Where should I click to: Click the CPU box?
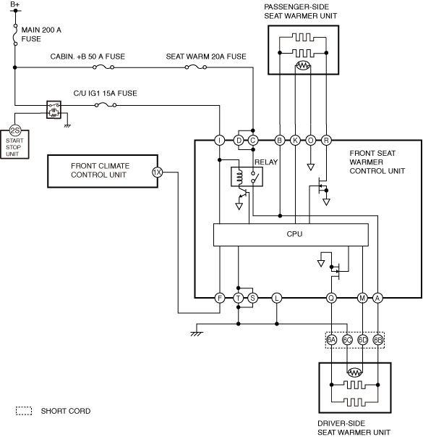pos(291,235)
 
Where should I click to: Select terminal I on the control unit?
pos(220,140)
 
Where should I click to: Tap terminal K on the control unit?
pos(295,140)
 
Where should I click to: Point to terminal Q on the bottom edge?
pos(331,298)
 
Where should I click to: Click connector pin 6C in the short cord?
pos(347,340)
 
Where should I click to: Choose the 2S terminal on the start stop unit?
pos(15,130)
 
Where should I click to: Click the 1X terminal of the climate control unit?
pos(157,172)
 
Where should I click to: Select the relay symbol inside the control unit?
pos(247,177)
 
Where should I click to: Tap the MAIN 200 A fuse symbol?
pos(16,35)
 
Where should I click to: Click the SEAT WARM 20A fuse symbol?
pos(196,67)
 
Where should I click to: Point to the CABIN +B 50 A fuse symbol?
pos(103,67)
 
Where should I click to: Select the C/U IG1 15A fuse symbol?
pos(106,105)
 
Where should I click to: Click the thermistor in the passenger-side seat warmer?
pos(303,65)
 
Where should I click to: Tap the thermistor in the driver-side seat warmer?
pos(354,373)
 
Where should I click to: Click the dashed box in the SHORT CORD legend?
pos(24,411)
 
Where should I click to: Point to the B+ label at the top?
pos(14,4)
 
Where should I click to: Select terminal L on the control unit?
pos(276,298)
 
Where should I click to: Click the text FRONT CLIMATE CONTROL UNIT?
pos(100,170)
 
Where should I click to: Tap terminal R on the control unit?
pos(326,140)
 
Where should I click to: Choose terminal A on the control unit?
pos(377,298)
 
